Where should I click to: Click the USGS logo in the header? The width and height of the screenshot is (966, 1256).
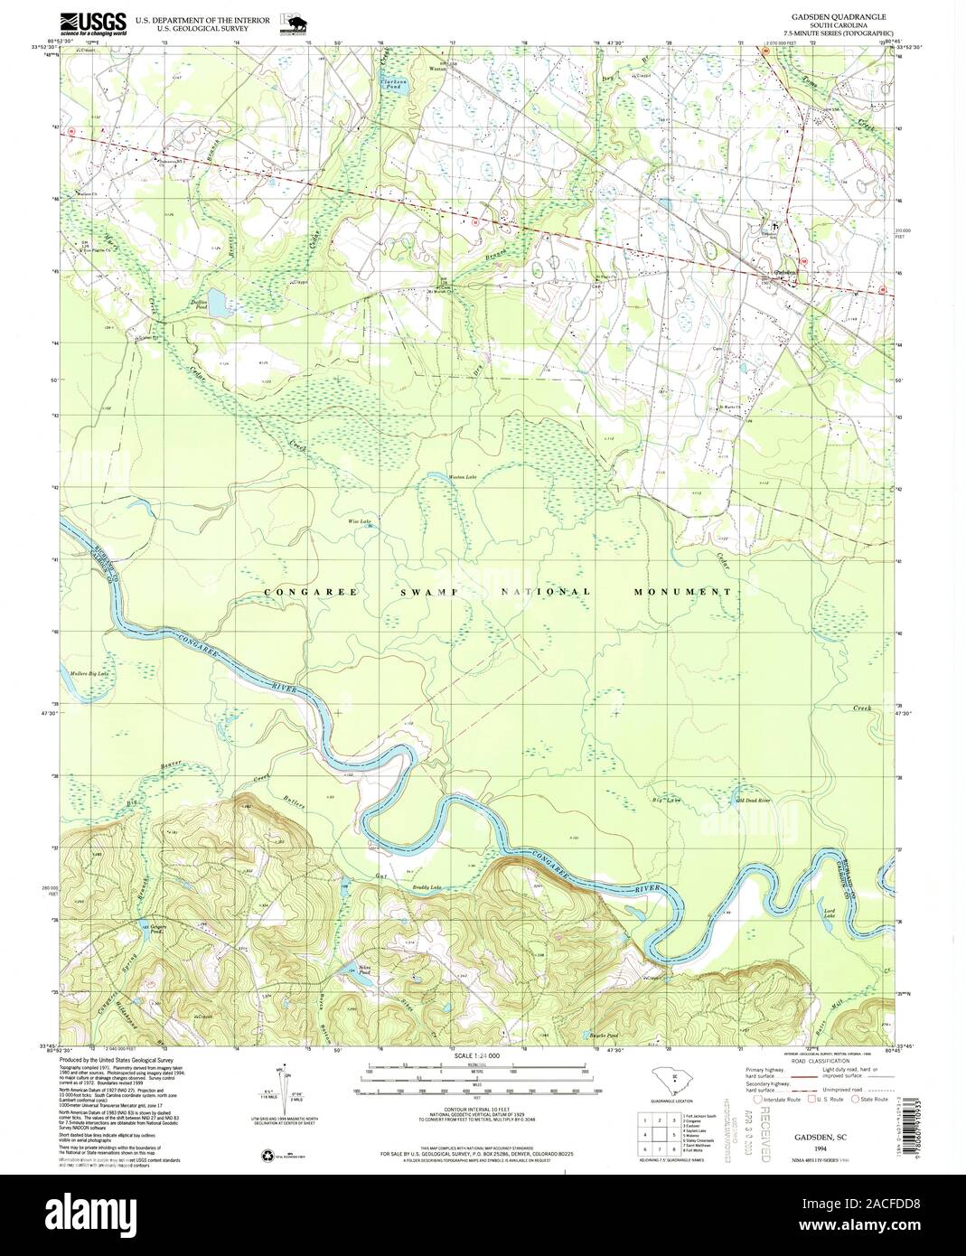point(93,23)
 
